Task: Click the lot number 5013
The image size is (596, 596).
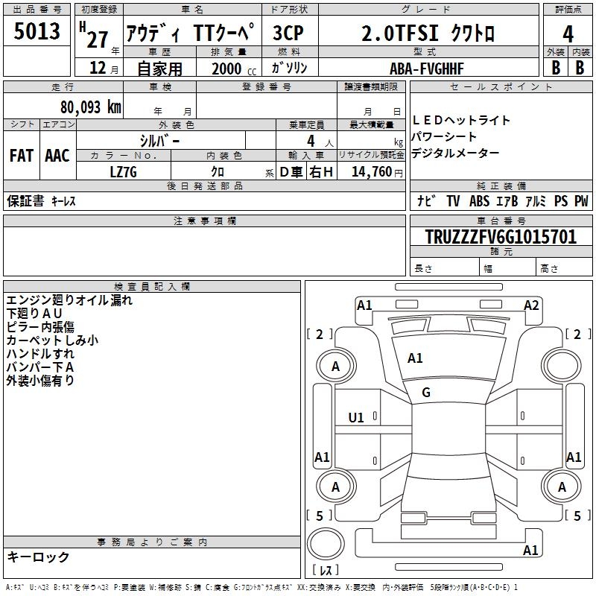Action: [x=37, y=33]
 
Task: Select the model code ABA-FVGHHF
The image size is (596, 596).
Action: [x=427, y=69]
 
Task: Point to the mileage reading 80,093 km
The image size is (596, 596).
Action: [x=91, y=106]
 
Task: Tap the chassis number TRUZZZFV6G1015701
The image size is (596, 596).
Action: [x=501, y=237]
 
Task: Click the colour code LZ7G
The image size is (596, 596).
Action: [x=124, y=172]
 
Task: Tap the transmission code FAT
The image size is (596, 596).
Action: [x=21, y=156]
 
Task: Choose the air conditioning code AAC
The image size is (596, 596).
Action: [x=57, y=156]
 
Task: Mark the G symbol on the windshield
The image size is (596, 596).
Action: [x=426, y=392]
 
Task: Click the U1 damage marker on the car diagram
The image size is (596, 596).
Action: [x=357, y=417]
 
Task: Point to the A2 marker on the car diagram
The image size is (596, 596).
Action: [x=531, y=305]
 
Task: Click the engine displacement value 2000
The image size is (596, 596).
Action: [x=226, y=69]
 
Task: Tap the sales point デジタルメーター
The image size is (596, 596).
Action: [x=455, y=153]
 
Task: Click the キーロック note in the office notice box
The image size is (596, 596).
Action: [x=39, y=557]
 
